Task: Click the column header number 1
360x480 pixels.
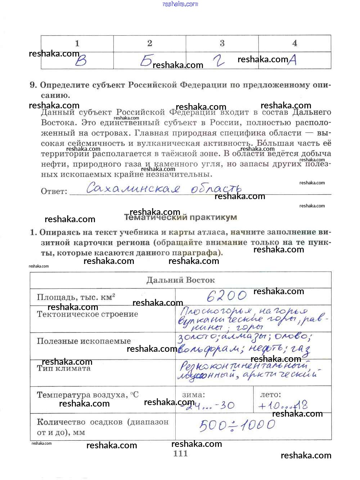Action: coord(77,44)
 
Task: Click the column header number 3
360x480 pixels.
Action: coord(222,44)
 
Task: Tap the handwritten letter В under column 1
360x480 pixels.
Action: coord(81,60)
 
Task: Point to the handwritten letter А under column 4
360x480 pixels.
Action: coord(292,60)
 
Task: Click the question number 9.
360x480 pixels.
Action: coord(33,85)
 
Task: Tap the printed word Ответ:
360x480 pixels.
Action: coord(54,192)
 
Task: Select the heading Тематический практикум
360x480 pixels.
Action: coord(180,217)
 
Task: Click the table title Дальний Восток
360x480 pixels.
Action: coord(180,280)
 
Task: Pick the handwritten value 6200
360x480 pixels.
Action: coord(227,296)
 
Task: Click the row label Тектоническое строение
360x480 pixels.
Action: coord(87,314)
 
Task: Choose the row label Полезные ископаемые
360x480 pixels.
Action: coord(84,341)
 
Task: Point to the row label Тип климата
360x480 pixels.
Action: coord(64,368)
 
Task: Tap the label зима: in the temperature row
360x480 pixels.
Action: coord(193,395)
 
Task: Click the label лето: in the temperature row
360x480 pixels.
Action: coord(270,395)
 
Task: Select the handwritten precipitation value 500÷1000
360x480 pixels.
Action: coord(237,425)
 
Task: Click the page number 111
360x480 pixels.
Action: coord(180,454)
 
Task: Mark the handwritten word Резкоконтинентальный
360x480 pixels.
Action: coord(244,366)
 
